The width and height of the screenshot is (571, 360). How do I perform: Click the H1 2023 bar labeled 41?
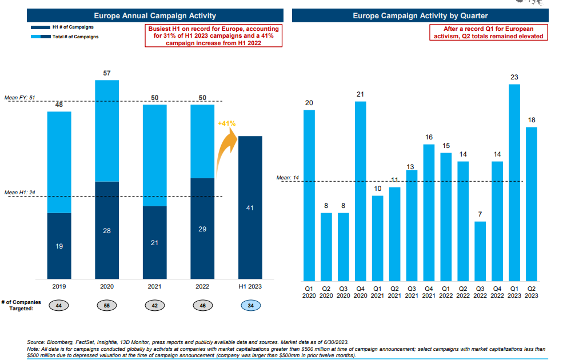click(250, 208)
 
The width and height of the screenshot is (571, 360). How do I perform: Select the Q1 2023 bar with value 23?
click(514, 183)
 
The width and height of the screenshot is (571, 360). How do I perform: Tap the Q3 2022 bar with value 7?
click(480, 251)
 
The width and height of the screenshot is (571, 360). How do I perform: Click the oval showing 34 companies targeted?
click(250, 306)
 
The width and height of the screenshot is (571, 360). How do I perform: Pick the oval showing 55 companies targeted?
click(107, 306)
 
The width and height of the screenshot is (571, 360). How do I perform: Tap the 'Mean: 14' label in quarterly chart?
click(288, 178)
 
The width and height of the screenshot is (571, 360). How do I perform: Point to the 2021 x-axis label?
click(154, 286)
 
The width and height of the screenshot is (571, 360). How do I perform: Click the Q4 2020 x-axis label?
click(360, 291)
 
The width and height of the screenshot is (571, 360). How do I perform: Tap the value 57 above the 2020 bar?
click(107, 74)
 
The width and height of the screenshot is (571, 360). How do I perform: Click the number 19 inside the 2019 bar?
click(59, 246)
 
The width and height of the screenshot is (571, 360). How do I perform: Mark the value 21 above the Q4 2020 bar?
click(360, 94)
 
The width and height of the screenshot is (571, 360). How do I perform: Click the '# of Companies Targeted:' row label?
click(17, 306)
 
